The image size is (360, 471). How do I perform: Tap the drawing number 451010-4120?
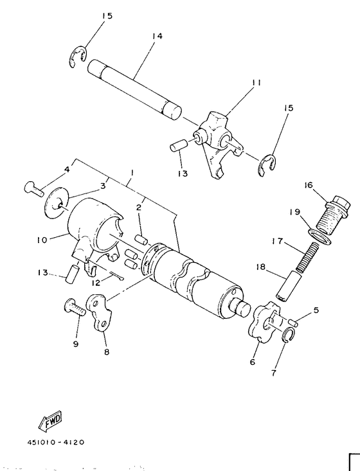click(56, 443)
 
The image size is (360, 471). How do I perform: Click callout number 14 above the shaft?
click(157, 36)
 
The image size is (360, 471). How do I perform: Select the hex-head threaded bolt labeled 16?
click(334, 215)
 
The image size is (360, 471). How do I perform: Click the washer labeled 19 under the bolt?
click(321, 237)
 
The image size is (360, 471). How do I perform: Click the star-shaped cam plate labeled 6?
click(264, 323)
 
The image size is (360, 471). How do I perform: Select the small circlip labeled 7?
click(288, 335)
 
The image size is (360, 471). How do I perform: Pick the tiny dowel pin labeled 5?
click(294, 323)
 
